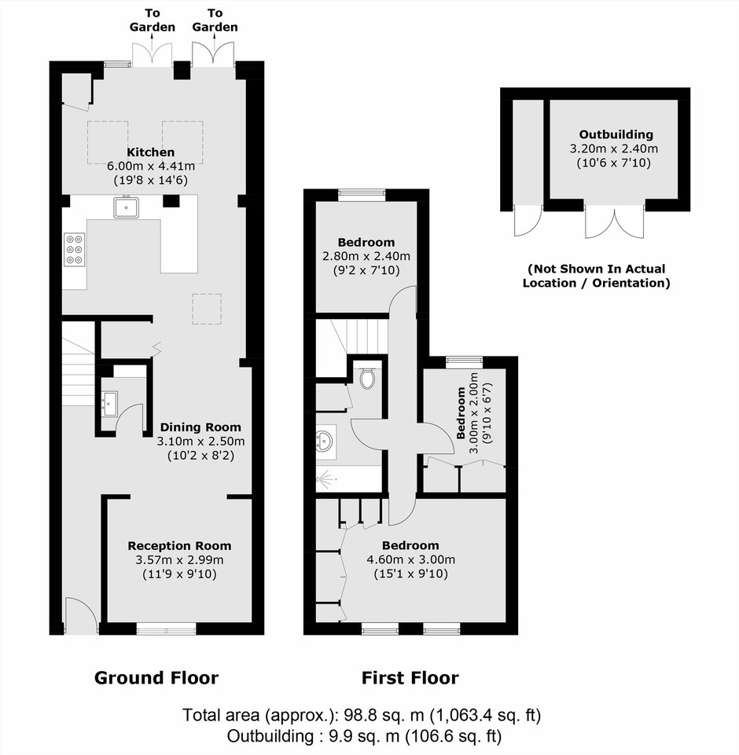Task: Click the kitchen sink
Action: coord(127,207)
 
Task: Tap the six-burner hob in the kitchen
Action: coord(74,249)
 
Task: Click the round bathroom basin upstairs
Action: coord(323,440)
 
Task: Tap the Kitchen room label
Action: coord(150,152)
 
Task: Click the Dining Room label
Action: coord(200,427)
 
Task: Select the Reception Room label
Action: coord(179,546)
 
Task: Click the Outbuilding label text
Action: coord(616,134)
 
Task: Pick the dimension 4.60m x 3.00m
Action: coord(411,559)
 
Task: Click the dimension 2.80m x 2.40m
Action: coord(366,256)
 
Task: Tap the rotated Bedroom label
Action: coord(461,412)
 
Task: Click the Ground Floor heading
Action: coord(156,678)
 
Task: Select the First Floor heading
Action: coord(410,678)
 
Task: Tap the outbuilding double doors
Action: coord(614,222)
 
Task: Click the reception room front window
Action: coord(166,629)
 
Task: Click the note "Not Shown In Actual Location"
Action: coord(597,276)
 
